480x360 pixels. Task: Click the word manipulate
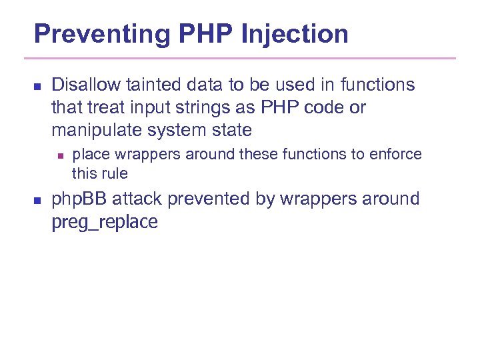95,130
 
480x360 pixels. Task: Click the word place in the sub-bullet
89,155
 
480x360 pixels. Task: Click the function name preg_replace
105,222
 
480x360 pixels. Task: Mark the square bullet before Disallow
37,86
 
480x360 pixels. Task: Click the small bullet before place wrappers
59,155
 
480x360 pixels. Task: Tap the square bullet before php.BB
37,200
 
